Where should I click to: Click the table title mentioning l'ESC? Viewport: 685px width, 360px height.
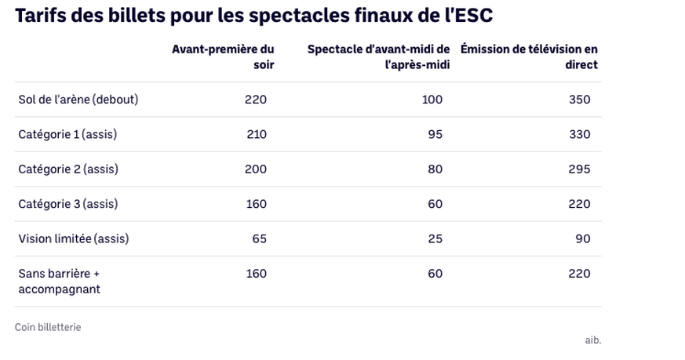coord(253,16)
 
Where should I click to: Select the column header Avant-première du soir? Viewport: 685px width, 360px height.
coord(224,57)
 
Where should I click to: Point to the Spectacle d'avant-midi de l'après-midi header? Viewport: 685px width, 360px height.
coord(379,57)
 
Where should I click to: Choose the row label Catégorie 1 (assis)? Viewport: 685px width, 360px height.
coord(67,134)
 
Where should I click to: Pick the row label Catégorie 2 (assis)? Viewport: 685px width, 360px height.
coord(68,169)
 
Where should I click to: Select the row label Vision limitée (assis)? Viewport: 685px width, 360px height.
coord(74,238)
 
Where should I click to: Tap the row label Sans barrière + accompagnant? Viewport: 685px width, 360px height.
coord(60,281)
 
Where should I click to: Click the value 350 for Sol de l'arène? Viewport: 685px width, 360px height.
coord(580,100)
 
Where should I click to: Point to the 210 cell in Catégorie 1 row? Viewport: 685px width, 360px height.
coord(257,134)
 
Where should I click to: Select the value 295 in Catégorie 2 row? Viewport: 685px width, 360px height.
coord(580,169)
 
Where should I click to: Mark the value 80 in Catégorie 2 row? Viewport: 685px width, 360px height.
coord(435,169)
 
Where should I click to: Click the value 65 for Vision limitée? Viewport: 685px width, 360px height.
coord(260,238)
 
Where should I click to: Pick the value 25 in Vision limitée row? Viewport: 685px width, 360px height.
coord(435,238)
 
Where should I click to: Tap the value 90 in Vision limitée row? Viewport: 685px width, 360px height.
coord(583,238)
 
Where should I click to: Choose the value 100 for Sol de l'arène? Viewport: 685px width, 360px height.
coord(432,100)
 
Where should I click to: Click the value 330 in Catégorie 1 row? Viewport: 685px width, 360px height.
coord(580,134)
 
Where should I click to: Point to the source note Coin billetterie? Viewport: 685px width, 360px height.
coord(48,327)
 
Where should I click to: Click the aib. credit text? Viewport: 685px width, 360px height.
coord(593,340)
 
